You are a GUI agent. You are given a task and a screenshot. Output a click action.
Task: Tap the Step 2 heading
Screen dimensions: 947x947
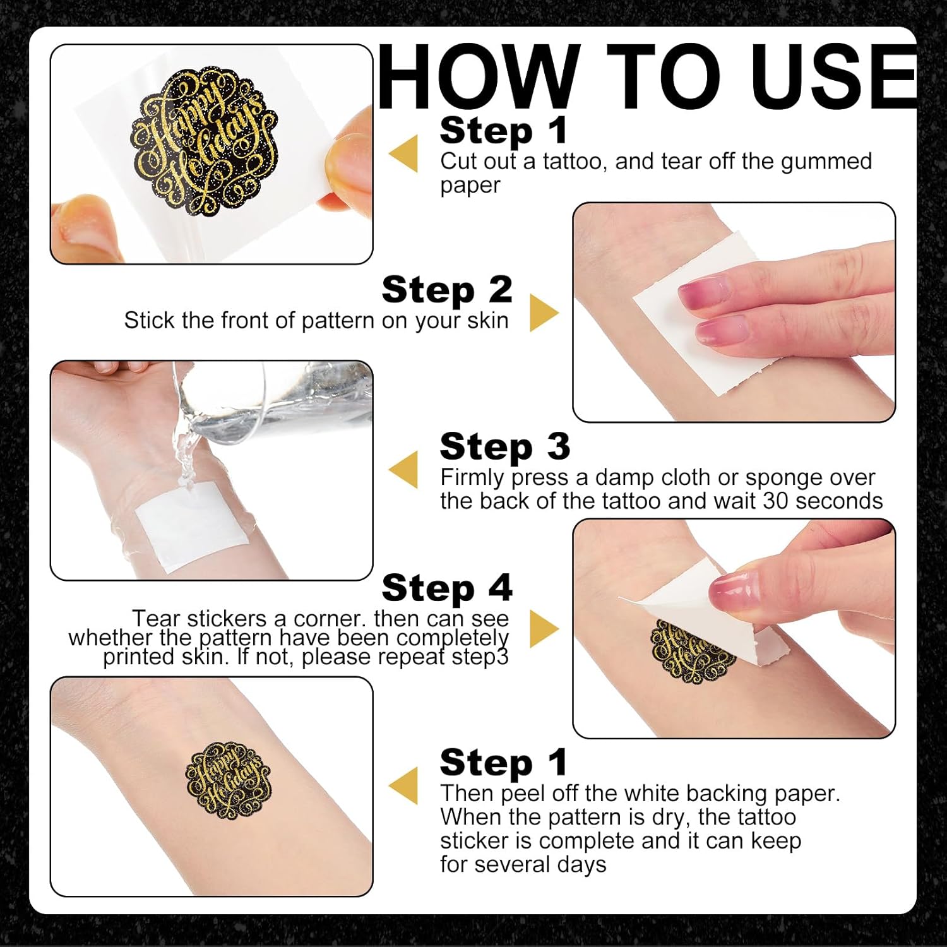(447, 290)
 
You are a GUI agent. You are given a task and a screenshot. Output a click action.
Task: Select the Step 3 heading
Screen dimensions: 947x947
(505, 446)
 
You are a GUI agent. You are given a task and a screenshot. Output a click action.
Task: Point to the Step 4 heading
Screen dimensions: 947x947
(447, 588)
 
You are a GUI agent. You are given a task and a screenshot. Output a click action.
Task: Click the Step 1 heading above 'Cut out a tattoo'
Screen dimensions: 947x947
(503, 131)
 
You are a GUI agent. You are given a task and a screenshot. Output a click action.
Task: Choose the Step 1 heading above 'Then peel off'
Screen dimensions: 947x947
(503, 762)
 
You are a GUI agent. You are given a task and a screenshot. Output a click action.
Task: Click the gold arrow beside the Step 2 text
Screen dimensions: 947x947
(544, 313)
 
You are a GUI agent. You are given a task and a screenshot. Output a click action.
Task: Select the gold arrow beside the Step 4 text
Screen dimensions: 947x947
(544, 628)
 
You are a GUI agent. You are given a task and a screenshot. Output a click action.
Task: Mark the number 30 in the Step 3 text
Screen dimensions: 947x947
(777, 501)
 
